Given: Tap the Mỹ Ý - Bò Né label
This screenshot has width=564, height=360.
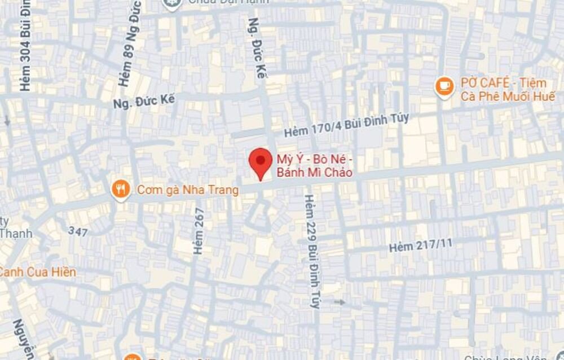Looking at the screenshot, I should (x=314, y=165).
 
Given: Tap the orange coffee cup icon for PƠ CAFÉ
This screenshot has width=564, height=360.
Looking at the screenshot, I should (x=445, y=86).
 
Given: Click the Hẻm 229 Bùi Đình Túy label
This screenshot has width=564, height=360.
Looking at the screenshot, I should (x=311, y=251).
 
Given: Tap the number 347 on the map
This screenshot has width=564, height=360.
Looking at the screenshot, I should (x=78, y=230).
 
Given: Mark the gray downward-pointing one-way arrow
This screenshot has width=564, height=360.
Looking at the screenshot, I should (x=7, y=120).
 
